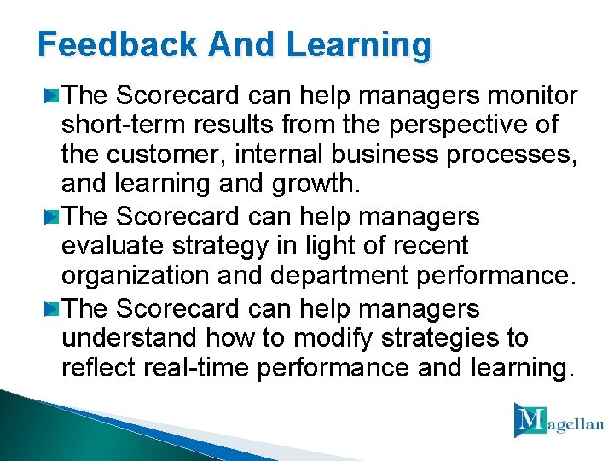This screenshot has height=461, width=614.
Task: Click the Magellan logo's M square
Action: click(530, 420)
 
